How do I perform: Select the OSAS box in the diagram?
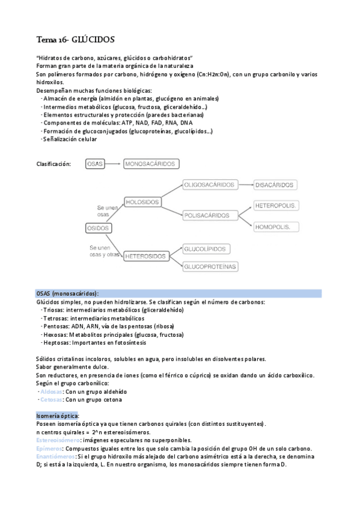coord(95,164)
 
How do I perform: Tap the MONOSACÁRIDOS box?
coord(151,164)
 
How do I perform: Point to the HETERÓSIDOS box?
coord(145,256)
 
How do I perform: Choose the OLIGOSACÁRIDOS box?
coord(209,185)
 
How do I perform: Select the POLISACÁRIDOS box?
coord(207,215)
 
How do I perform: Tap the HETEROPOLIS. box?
coord(276,206)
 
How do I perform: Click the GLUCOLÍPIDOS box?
coord(205,248)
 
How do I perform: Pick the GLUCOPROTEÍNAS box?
coord(210,266)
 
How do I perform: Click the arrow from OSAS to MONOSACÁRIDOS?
coord(114,164)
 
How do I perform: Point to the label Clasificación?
coord(54,164)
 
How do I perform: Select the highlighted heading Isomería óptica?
coord(57,416)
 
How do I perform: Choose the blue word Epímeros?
coord(49,449)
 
